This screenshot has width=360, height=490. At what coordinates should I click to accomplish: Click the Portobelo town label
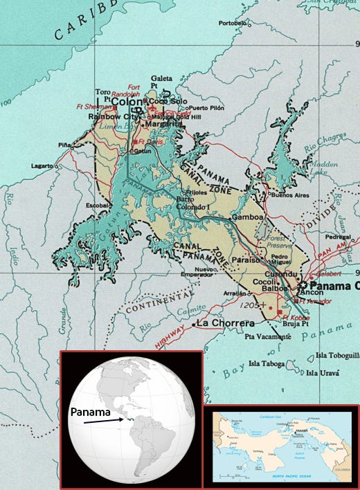click(x=232, y=23)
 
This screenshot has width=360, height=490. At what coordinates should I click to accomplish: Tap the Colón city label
click(x=127, y=102)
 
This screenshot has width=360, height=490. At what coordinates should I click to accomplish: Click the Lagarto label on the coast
click(x=43, y=167)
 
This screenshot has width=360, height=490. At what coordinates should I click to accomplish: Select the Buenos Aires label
click(x=290, y=196)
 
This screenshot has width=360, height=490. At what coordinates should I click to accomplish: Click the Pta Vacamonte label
click(x=268, y=336)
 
